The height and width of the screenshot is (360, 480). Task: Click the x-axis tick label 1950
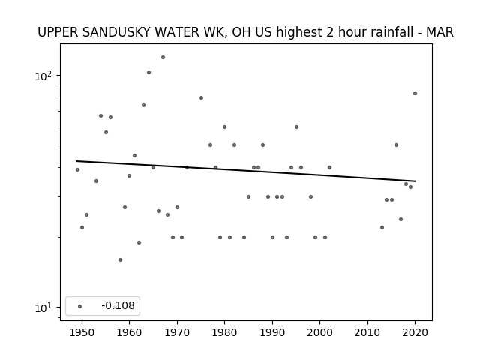click(82, 332)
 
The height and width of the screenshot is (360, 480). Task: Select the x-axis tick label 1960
click(129, 332)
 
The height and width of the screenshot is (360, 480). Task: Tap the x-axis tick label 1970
click(177, 332)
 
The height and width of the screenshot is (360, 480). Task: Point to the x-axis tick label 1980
click(224, 332)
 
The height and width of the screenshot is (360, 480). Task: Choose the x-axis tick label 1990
click(272, 332)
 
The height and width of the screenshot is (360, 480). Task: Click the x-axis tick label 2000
click(319, 332)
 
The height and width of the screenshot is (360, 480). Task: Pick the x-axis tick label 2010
click(367, 332)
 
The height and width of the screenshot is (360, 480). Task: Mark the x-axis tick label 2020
click(415, 332)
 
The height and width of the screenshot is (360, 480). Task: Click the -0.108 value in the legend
click(118, 305)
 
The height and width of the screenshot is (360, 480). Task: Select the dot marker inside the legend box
click(80, 306)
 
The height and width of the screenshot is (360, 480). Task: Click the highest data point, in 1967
click(163, 57)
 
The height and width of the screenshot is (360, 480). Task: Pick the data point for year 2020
click(415, 93)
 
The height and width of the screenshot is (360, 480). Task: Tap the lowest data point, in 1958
click(120, 260)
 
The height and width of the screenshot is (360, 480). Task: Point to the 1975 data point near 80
click(201, 98)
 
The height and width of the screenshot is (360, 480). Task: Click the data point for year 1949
click(77, 170)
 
